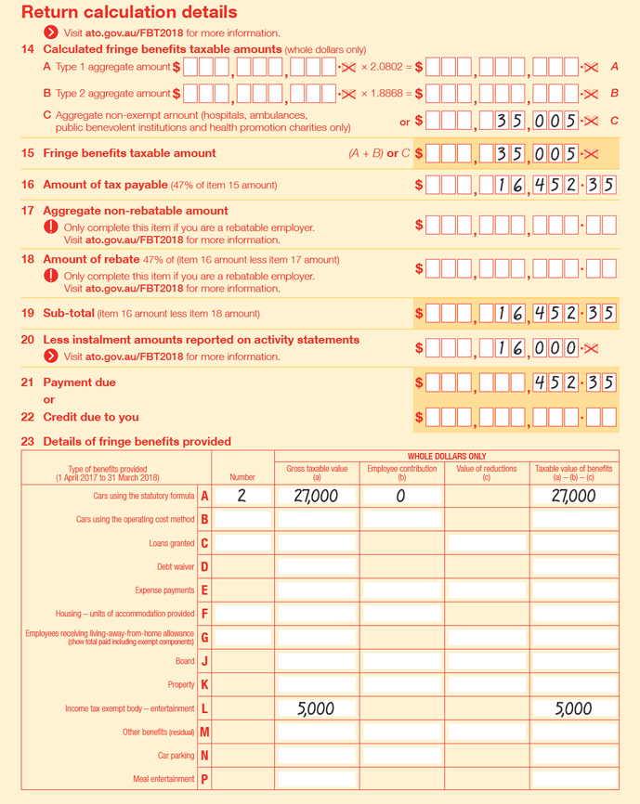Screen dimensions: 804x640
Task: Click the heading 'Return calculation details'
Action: pyautogui.click(x=129, y=12)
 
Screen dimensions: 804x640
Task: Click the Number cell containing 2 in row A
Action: pyautogui.click(x=242, y=496)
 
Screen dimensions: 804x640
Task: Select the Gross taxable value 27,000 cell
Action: pyautogui.click(x=316, y=496)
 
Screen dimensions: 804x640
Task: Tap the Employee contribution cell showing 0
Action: pyautogui.click(x=401, y=496)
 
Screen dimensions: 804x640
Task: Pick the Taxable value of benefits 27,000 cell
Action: pyautogui.click(x=573, y=496)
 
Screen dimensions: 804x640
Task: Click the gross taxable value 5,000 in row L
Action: pyautogui.click(x=316, y=708)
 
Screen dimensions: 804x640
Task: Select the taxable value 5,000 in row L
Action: pyautogui.click(x=573, y=708)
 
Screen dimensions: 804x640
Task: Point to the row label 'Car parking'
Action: pyautogui.click(x=176, y=756)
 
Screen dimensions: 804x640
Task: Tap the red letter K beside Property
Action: pyautogui.click(x=204, y=684)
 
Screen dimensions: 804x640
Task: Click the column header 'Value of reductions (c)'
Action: pyautogui.click(x=486, y=473)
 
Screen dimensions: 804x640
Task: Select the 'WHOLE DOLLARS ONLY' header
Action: pyautogui.click(x=446, y=456)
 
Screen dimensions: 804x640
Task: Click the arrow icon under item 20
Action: pyautogui.click(x=51, y=357)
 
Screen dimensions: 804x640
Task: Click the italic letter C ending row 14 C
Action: pyautogui.click(x=614, y=120)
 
